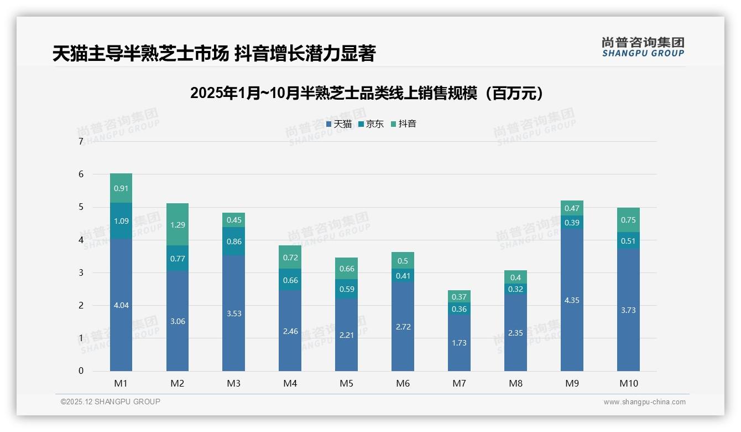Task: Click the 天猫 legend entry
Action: coord(340,124)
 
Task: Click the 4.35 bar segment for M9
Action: coord(572,300)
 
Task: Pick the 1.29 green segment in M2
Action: coord(178,224)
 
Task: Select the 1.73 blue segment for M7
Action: coord(459,343)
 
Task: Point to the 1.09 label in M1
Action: coord(121,221)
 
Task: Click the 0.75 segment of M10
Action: coord(628,220)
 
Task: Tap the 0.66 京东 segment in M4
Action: coord(290,280)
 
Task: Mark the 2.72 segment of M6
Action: coord(403,327)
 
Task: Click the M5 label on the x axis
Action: coord(346,383)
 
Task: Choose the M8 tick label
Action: coord(515,383)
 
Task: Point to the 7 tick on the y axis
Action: coord(81,142)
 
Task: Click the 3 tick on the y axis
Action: coord(81,272)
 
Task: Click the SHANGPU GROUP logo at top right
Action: coord(643,47)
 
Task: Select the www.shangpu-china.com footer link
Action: coord(644,402)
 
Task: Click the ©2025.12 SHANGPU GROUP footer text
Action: coord(111,402)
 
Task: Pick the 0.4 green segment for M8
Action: coord(515,277)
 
